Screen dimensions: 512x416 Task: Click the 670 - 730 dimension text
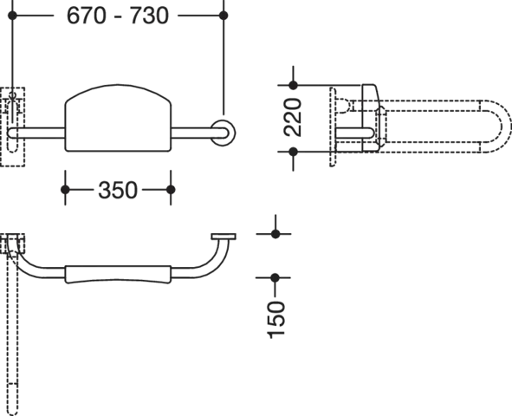pos(118,16)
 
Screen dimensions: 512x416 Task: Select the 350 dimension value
pos(118,190)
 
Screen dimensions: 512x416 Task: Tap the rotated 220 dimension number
pos(293,117)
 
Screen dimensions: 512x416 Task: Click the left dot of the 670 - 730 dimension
pos(12,15)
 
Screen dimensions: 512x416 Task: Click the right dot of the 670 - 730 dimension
pos(224,15)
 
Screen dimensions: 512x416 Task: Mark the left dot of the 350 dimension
pos(65,190)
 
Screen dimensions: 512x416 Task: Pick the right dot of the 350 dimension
pos(171,190)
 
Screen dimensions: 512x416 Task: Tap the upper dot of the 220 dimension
pos(293,85)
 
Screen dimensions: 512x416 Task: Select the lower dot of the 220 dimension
pos(293,152)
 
